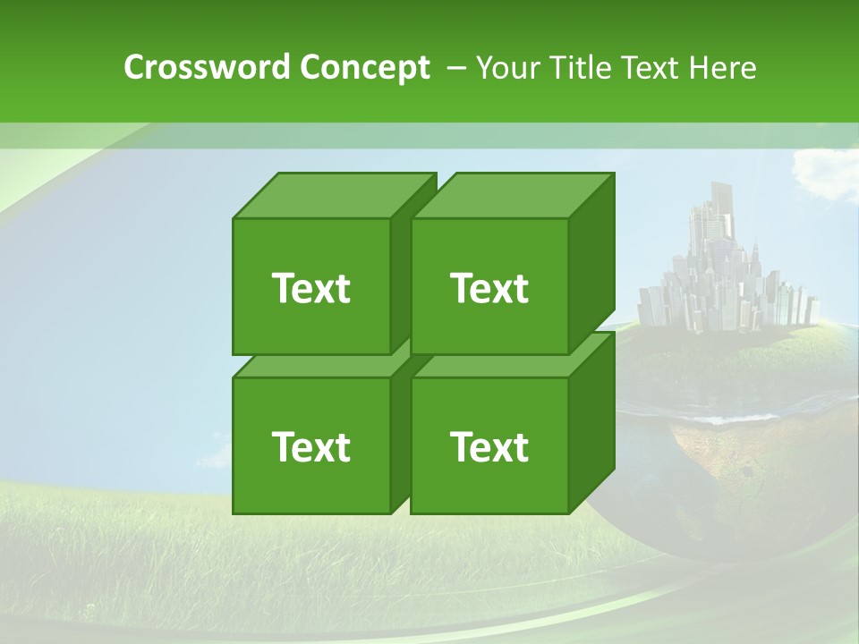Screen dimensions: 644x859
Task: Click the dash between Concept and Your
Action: (455, 68)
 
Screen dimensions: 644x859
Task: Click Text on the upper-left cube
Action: (310, 288)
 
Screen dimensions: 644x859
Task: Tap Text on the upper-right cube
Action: (489, 288)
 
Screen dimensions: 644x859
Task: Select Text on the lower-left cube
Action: (310, 446)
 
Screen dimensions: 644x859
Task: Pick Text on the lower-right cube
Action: (489, 446)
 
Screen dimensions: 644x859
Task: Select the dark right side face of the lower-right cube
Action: (591, 425)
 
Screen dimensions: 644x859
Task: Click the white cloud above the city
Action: (823, 170)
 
